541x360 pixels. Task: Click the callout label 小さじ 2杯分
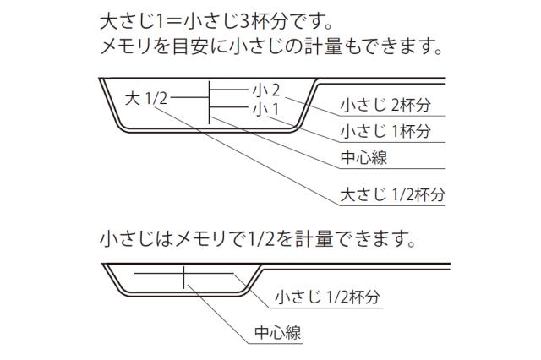click(x=385, y=105)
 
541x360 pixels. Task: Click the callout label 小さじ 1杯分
click(x=385, y=131)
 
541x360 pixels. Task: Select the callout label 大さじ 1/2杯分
click(x=392, y=194)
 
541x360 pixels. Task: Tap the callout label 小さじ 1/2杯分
click(x=327, y=297)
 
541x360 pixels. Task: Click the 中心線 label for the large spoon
click(x=363, y=157)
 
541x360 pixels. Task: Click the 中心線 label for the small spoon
click(x=278, y=333)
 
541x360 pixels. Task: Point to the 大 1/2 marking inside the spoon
click(x=146, y=98)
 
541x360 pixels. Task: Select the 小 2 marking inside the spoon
click(x=266, y=90)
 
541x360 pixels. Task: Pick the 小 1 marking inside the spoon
click(x=265, y=110)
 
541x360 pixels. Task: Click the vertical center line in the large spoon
click(x=209, y=102)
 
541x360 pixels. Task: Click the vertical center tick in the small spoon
click(x=183, y=277)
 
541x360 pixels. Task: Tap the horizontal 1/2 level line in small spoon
click(x=184, y=274)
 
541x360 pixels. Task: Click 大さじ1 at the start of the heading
click(x=131, y=23)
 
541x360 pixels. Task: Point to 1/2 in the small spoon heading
click(x=261, y=239)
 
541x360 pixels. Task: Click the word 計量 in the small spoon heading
click(x=314, y=239)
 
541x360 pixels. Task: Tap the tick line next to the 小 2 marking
click(x=229, y=90)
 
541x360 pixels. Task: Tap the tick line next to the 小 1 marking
click(x=229, y=107)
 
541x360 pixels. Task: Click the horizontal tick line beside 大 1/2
click(x=189, y=97)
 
